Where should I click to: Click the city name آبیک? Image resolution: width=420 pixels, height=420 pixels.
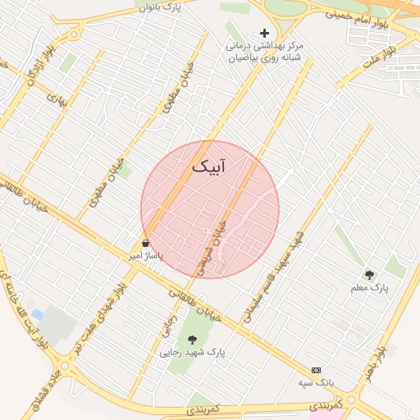(208, 167)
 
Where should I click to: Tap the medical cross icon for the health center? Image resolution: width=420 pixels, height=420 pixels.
(264, 34)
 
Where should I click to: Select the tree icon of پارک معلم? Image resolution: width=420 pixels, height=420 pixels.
(369, 275)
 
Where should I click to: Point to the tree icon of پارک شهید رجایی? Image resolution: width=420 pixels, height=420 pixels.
(192, 339)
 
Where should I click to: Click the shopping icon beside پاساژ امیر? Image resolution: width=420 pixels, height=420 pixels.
(146, 244)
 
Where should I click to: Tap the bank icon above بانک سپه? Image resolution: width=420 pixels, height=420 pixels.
(317, 371)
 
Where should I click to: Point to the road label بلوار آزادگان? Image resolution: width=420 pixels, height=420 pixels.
(41, 66)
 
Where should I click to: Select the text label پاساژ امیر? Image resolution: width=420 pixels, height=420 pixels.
(147, 256)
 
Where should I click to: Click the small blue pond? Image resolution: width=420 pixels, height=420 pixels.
(38, 314)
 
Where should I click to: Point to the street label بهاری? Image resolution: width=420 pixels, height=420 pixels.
(56, 99)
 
